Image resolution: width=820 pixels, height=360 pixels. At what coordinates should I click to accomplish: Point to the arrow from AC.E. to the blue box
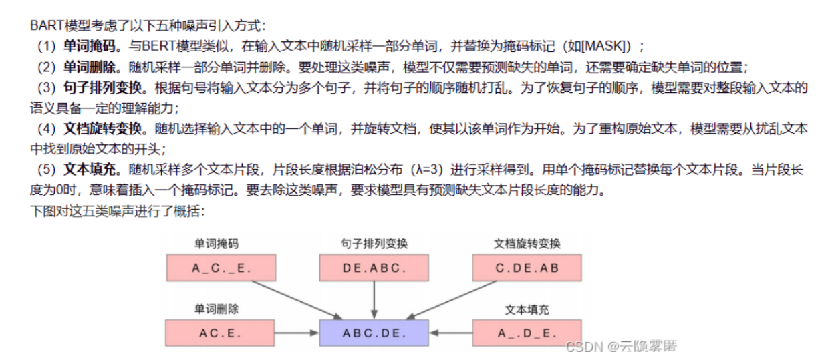click(297, 332)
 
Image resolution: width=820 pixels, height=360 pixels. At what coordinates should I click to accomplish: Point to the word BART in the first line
click(45, 25)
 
